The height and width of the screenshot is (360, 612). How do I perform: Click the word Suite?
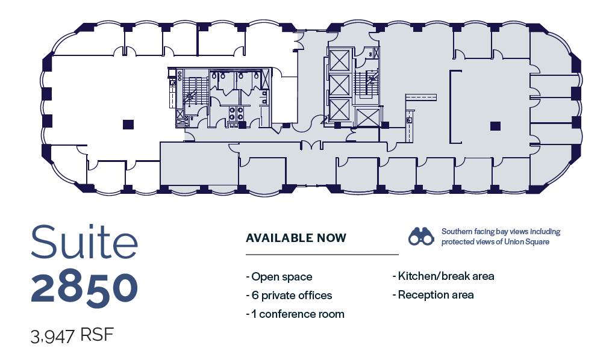coord(84,241)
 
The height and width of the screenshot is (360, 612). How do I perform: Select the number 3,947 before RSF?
coord(52,335)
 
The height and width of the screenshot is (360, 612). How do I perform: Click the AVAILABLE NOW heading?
coord(296,238)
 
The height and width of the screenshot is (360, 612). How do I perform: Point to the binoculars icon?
coord(421,237)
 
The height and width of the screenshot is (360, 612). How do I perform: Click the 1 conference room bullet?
coord(295,314)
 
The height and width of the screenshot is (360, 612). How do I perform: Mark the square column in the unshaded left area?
coord(127,125)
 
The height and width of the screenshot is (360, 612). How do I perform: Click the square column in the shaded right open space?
coord(495,126)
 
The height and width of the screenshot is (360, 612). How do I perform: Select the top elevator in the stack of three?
coord(339,60)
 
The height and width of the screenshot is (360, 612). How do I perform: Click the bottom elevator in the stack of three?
coord(339,110)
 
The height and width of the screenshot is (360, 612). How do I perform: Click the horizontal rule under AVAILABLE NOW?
coord(322,255)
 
